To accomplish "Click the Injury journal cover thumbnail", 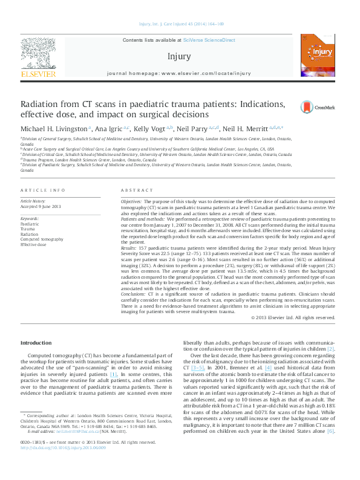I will click(321, 57).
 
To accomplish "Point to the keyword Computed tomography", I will click(41, 239).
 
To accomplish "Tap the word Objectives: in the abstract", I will click(131, 200).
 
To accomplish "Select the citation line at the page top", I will click(180, 25).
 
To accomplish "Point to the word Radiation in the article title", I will click(42, 104).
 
